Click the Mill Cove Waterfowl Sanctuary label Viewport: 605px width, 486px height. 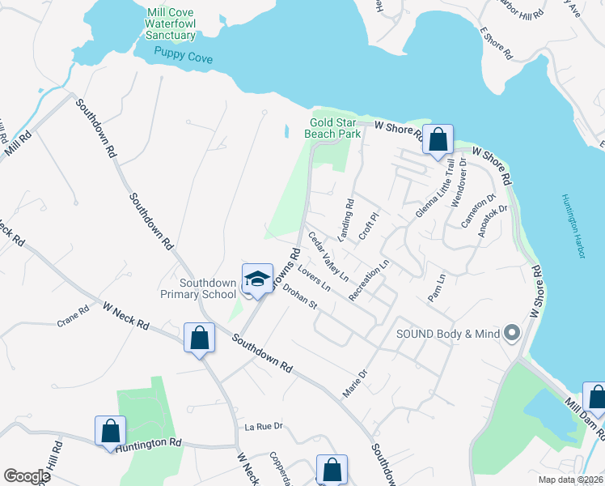171,24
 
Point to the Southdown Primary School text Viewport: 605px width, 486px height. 208,288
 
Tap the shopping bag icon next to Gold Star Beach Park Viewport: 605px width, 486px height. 438,139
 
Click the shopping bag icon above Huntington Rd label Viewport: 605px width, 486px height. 111,431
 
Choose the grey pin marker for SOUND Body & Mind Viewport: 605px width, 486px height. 510,333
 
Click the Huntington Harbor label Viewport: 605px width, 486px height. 573,228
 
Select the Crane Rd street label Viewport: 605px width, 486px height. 73,317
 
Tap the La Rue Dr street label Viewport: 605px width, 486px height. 264,426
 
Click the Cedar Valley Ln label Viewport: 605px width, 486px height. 328,258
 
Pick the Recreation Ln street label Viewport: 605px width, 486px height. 370,280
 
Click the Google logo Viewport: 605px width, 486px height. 27,476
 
